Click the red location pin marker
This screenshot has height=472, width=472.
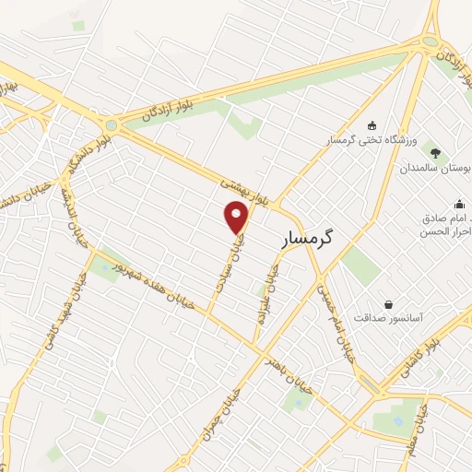coord(237,217)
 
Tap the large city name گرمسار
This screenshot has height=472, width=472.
coord(304,237)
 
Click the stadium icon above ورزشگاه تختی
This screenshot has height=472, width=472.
coord(372,126)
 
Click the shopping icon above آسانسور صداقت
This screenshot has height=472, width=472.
coord(389,303)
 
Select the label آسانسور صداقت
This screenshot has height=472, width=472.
coord(415,316)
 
